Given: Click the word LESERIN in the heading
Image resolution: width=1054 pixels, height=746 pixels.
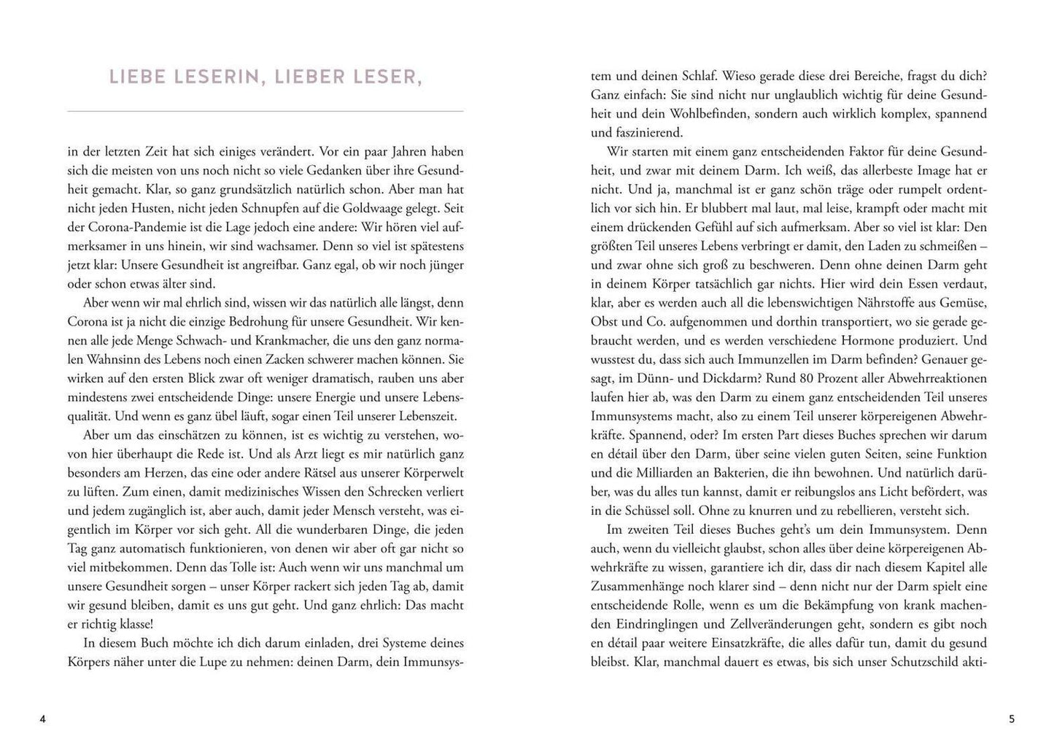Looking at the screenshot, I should (212, 77).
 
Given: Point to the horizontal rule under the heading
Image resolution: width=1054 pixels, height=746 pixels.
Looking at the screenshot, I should (265, 111).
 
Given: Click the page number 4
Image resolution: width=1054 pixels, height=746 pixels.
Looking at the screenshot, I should (42, 719).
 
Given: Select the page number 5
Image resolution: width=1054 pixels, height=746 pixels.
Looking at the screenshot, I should (1011, 719).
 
